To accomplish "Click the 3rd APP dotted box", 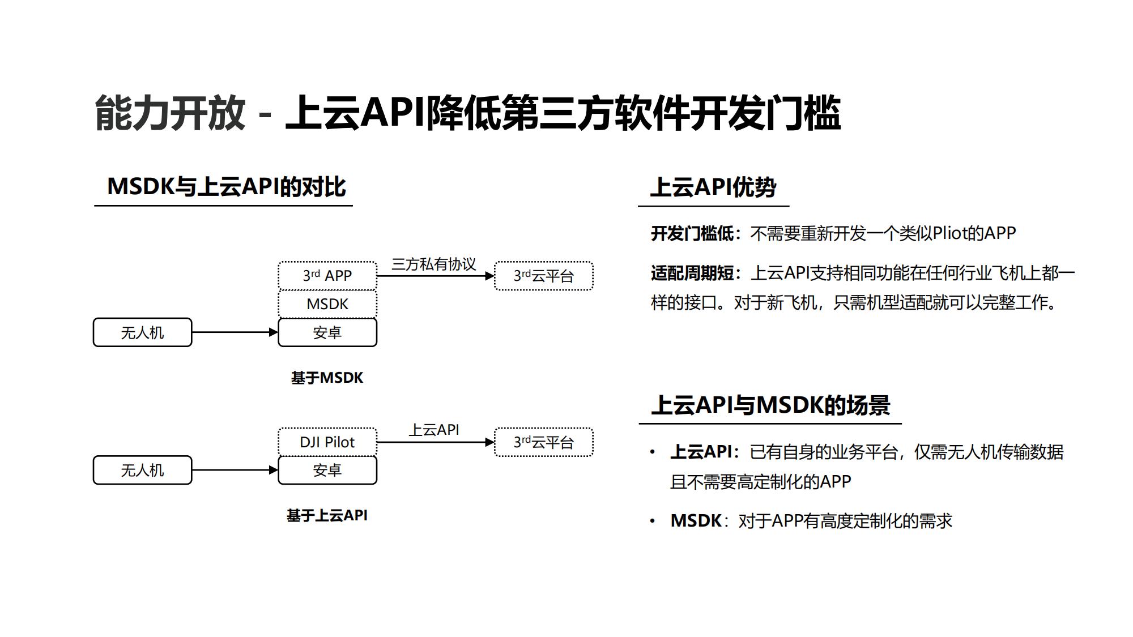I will [327, 276].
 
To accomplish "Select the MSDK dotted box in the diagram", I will [327, 304].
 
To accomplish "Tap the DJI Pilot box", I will [327, 442].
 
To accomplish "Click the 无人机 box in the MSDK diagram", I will [142, 332].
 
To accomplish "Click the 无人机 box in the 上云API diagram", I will [142, 470].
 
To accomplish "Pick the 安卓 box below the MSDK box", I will [327, 332].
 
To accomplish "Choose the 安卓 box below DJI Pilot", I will [327, 470].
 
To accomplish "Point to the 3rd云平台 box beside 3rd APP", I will [544, 276].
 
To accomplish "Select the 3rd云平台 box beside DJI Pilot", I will [544, 442].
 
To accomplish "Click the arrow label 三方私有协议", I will [433, 264].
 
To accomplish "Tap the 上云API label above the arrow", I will [434, 430].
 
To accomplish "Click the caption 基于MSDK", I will [327, 378].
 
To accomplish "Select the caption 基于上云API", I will [327, 515].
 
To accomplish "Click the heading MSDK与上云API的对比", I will [226, 187].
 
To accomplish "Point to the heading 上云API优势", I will [713, 187].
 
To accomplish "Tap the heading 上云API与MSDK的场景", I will [770, 405].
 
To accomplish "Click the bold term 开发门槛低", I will [692, 233].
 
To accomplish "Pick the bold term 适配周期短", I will [692, 273].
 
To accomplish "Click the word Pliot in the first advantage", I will [952, 233].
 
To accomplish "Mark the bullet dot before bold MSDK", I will [653, 521].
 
